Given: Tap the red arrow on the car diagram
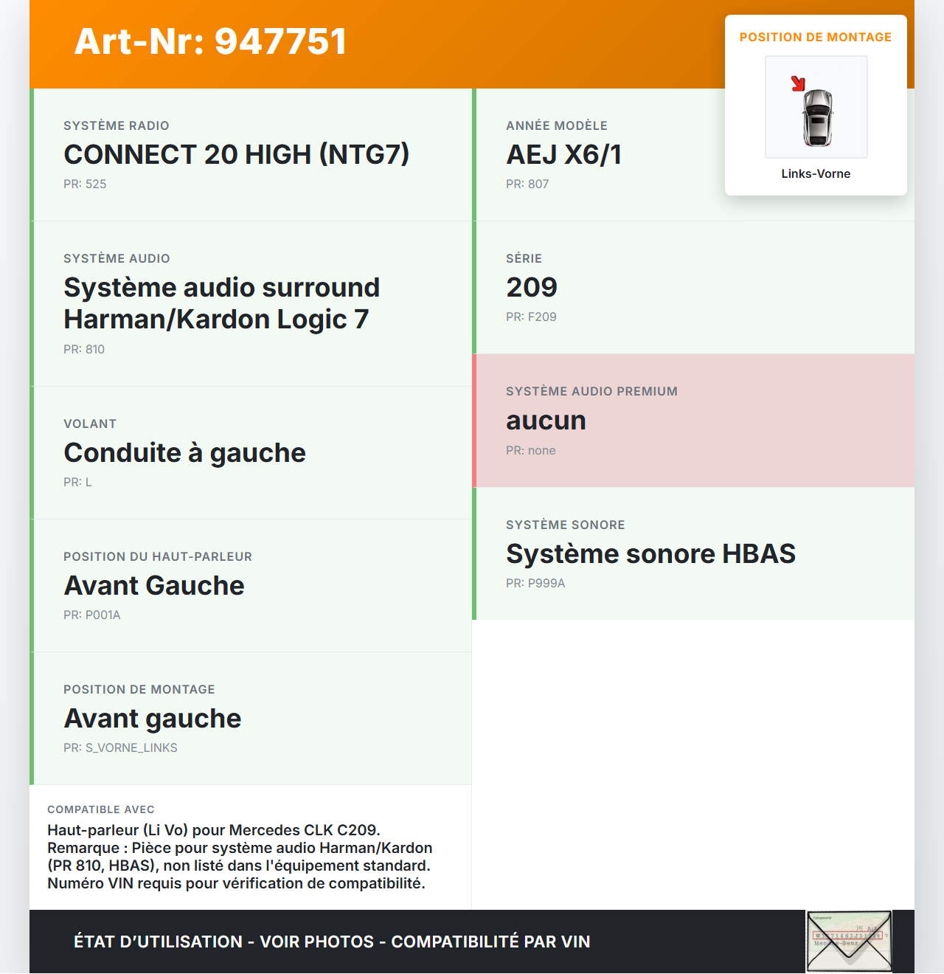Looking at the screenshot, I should coord(798,83).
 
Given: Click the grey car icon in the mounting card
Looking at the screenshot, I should coord(817,117).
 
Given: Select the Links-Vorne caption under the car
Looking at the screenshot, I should coord(816,173).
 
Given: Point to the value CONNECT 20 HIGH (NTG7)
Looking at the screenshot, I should coord(236,154).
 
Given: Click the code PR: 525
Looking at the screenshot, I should coord(85,184).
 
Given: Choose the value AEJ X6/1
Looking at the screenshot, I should coord(563,154).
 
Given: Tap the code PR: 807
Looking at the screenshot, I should coord(527,184).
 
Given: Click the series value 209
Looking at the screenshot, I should coord(532,287).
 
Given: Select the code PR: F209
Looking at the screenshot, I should coord(531,317).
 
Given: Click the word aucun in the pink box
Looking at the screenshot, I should coord(546,421).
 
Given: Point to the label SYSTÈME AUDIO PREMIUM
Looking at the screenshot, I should coord(591,391).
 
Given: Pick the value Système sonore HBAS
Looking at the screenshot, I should coord(650,553).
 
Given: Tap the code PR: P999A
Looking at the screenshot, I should coord(535,583).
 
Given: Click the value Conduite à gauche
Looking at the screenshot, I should coord(184,452).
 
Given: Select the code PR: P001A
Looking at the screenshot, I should coord(91,615).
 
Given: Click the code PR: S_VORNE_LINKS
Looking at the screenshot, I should coord(120,747).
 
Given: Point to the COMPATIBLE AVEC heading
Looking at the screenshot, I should coord(101,809).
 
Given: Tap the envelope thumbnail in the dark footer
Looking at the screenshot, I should coord(849,942).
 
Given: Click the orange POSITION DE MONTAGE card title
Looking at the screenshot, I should coord(816,37).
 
